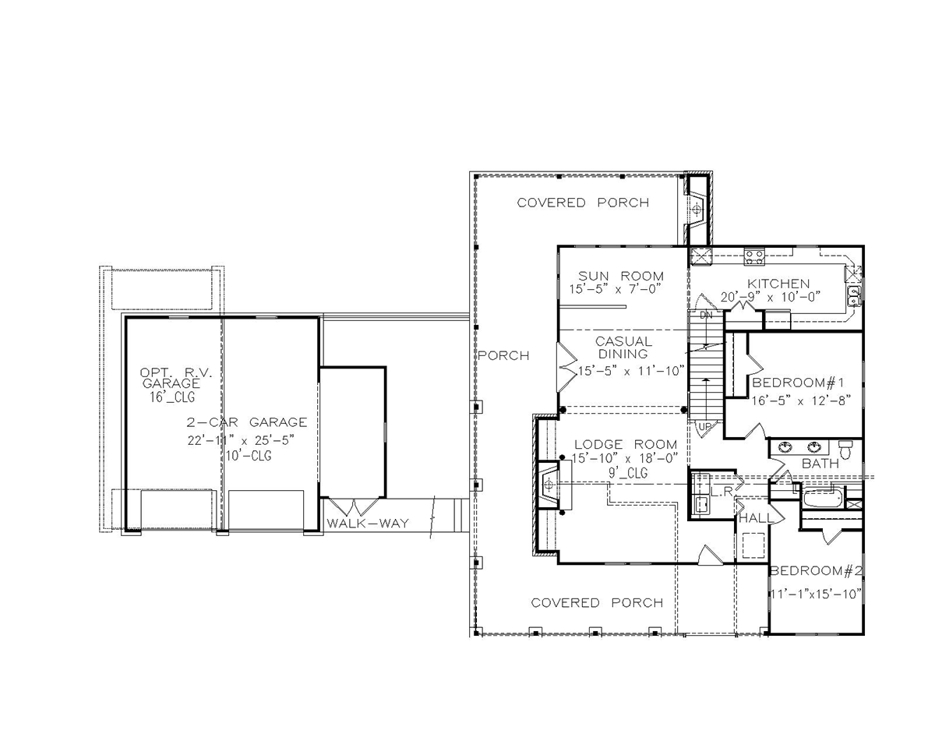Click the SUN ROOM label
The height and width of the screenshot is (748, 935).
click(x=621, y=276)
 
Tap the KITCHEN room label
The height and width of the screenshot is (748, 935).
click(x=778, y=284)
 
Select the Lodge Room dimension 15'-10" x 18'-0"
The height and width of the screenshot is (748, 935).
click(x=625, y=458)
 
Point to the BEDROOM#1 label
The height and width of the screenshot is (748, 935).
click(x=798, y=383)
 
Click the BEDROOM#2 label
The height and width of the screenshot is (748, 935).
click(x=816, y=570)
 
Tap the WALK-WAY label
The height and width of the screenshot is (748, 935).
click(x=368, y=523)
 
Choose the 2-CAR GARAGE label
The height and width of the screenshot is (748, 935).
click(x=247, y=422)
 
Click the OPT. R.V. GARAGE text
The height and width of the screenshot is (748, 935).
click(x=176, y=378)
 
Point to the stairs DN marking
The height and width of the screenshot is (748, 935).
click(x=707, y=316)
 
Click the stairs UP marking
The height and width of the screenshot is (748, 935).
click(x=704, y=427)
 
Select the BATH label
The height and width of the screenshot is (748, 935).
click(x=820, y=464)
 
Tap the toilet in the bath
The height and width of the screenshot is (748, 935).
click(x=845, y=450)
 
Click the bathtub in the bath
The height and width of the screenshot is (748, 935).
click(x=823, y=498)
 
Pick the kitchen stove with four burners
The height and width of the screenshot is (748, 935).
click(x=753, y=256)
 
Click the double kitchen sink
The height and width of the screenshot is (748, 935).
click(x=854, y=296)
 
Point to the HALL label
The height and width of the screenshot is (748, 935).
click(x=757, y=518)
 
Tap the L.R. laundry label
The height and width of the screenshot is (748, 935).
click(x=722, y=492)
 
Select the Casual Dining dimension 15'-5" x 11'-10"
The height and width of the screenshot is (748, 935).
click(x=631, y=371)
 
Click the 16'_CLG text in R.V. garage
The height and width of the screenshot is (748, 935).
click(x=172, y=397)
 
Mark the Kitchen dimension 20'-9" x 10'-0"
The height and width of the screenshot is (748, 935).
click(x=771, y=297)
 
